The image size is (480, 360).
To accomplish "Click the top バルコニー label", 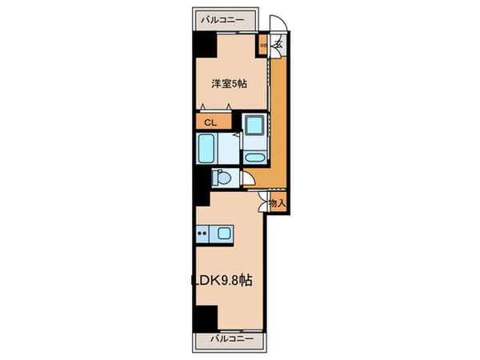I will pyautogui.click(x=222, y=18).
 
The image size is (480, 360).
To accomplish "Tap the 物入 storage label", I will pyautogui.click(x=277, y=205).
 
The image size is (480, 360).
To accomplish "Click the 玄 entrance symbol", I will pyautogui.click(x=278, y=46).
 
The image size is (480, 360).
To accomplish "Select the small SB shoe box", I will pyautogui.click(x=263, y=46).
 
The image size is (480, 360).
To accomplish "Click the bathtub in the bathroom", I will pyautogui.click(x=206, y=148).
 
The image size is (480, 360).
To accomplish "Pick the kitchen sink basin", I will pyautogui.click(x=222, y=234).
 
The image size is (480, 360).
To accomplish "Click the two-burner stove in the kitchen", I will pyautogui.click(x=202, y=234).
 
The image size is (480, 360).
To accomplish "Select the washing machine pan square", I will pyautogui.click(x=256, y=126).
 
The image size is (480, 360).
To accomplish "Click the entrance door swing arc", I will pyautogui.click(x=275, y=26).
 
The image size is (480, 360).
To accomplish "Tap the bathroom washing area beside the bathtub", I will pyautogui.click(x=229, y=148).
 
